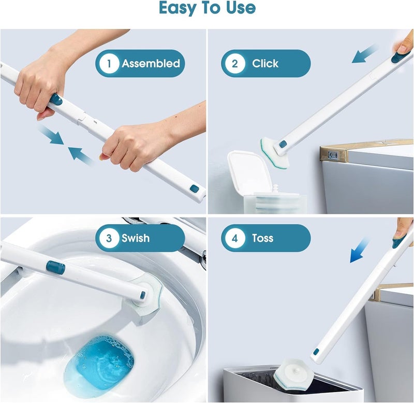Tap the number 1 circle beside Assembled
point(109,64)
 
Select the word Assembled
point(151,64)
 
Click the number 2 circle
point(235,64)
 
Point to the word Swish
point(136,238)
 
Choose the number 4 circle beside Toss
point(235,238)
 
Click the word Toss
point(262,238)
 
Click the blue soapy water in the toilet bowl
point(99,363)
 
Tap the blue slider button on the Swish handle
point(55,267)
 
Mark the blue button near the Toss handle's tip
point(316,352)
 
